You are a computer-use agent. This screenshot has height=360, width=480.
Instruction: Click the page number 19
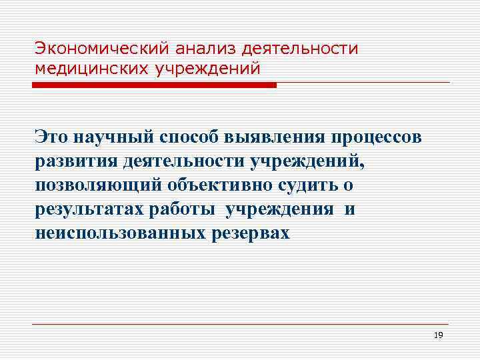tap(438, 336)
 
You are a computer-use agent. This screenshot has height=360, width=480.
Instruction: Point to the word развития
tap(75, 161)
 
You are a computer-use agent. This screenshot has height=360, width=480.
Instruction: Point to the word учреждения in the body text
tap(280, 209)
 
